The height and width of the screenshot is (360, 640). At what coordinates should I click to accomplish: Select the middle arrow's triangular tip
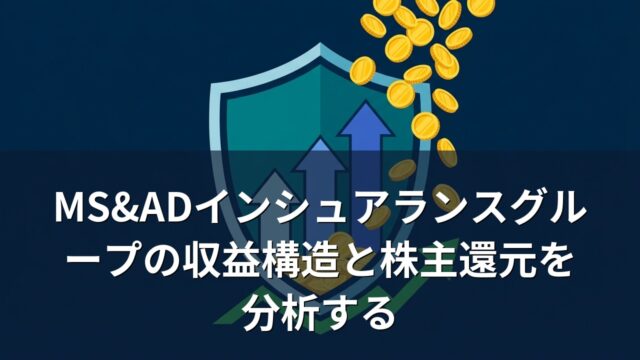click(321, 154)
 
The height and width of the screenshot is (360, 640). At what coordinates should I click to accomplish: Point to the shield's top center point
click(320, 45)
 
